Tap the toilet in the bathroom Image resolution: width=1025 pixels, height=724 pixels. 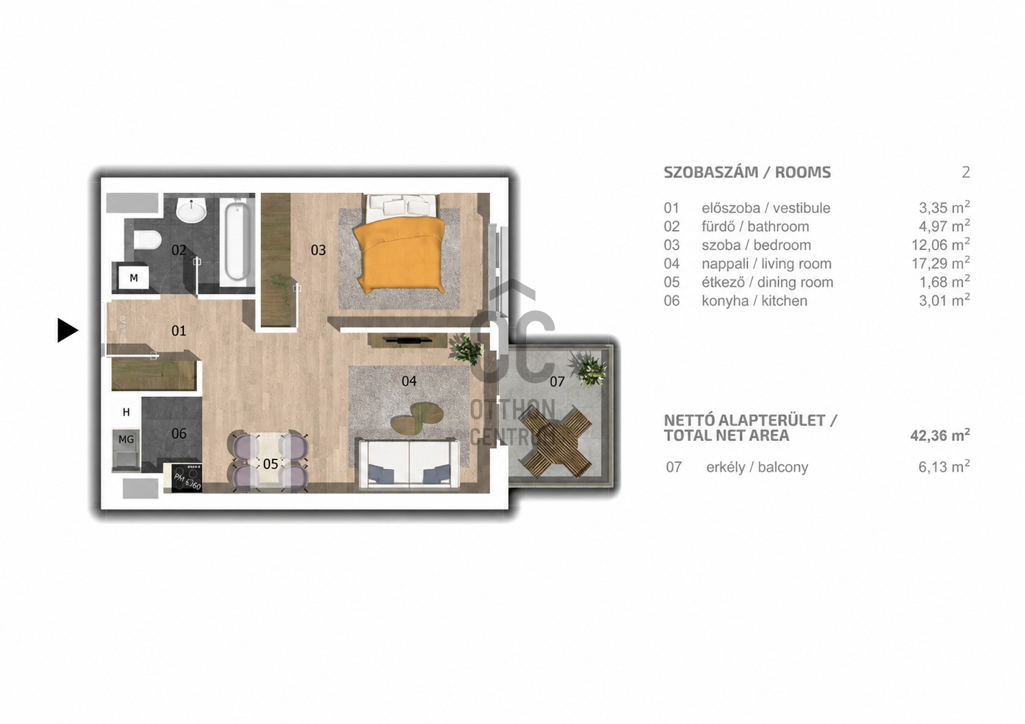click(147, 239)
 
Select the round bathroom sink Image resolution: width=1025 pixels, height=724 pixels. click(191, 212)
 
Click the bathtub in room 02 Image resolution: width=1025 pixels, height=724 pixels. click(237, 242)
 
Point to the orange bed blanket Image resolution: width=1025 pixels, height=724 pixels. click(399, 256)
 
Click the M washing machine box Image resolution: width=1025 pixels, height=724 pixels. click(133, 278)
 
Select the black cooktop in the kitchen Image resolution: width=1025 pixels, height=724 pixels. click(183, 479)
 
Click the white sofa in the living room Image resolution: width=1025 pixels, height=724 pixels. click(409, 464)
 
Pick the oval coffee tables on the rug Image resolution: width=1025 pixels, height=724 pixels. click(417, 416)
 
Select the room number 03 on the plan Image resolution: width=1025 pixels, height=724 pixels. click(319, 250)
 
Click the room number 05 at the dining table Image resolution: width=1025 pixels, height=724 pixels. click(271, 464)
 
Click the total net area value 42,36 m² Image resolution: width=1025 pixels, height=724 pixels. click(940, 435)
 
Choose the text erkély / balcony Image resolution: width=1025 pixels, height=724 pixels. click(757, 467)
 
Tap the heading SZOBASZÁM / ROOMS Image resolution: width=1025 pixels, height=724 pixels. click(747, 172)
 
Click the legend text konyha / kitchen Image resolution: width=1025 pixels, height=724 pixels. click(754, 301)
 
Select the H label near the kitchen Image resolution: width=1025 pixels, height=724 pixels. click(126, 412)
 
